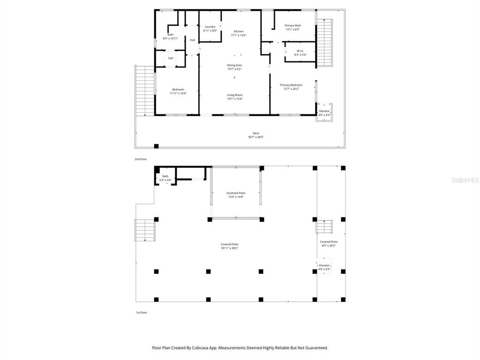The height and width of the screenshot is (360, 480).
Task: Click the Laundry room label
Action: point(210,27)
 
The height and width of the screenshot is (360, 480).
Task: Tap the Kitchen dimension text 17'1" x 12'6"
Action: point(239,35)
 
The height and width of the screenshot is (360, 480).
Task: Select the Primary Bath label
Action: point(292,25)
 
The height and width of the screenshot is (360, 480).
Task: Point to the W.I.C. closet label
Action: point(301,51)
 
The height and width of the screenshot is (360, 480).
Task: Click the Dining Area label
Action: point(234,65)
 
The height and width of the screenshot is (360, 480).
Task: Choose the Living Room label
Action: point(234,95)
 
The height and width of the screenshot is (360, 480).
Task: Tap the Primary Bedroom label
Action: point(291,85)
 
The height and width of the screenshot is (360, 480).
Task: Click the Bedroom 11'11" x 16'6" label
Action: point(178,90)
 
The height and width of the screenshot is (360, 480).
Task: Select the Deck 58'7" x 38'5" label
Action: point(256,133)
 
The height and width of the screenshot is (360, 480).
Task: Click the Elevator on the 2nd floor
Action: point(324,111)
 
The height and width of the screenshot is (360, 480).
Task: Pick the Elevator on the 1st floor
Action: point(324,266)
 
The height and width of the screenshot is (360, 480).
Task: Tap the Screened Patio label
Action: point(236,193)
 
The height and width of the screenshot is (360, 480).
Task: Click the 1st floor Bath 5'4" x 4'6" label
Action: point(165,176)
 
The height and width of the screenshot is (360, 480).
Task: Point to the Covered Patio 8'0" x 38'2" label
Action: point(329,242)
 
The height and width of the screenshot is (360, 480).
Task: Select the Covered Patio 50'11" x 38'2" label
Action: point(230,244)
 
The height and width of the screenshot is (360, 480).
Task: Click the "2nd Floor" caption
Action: point(141,159)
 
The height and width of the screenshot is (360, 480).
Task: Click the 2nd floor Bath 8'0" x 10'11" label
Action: point(170,35)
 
